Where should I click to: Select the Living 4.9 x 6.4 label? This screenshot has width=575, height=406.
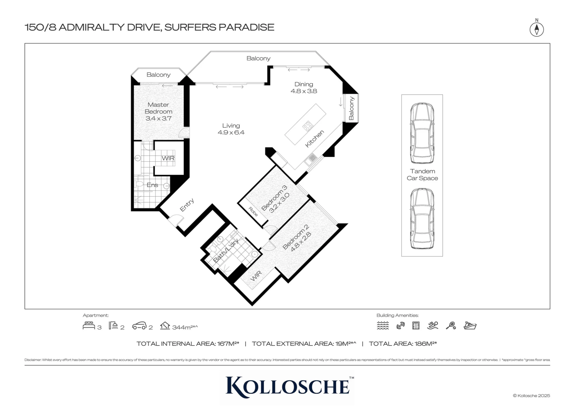231,129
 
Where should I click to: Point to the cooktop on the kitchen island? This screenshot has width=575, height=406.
308,126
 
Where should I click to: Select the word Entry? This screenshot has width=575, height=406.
187,205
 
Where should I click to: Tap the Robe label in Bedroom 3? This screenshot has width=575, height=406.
253,212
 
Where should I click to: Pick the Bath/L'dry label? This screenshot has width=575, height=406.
226,251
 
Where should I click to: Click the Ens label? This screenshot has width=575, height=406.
152,185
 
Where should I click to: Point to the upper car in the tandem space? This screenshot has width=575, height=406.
422,133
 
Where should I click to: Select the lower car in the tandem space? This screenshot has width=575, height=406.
422,218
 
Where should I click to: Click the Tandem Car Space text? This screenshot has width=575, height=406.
422,175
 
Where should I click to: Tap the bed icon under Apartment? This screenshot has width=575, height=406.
89,326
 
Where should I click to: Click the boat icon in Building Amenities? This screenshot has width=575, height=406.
470,326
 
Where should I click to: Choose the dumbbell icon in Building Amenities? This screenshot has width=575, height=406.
400,326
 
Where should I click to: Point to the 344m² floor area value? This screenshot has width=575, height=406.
185,327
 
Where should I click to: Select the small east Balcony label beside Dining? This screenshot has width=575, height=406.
351,108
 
